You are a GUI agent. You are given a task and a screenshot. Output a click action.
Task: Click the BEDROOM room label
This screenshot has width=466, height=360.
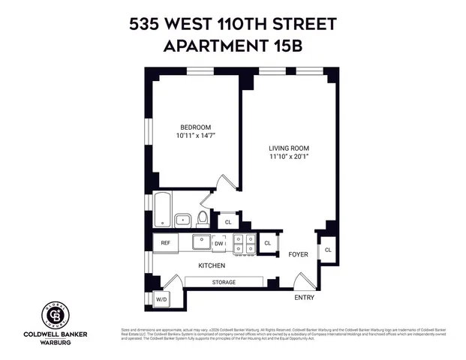pyautogui.click(x=194, y=127)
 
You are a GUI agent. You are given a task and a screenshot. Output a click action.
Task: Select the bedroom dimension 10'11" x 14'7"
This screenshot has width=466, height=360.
pyautogui.click(x=194, y=136)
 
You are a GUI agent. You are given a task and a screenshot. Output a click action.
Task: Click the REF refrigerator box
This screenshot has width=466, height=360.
pyautogui.click(x=165, y=243)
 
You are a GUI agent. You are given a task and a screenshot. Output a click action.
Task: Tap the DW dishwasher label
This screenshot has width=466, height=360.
pyautogui.click(x=218, y=243)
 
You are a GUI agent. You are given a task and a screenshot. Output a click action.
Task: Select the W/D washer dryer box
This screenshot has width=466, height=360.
pyautogui.click(x=161, y=299)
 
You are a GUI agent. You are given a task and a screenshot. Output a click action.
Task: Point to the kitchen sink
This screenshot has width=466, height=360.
pyautogui.click(x=200, y=242)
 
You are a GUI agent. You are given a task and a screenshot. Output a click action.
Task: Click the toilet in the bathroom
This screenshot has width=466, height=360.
pyautogui.click(x=202, y=219)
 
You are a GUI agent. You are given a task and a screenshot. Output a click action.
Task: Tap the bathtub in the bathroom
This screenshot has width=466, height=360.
pyautogui.click(x=163, y=210)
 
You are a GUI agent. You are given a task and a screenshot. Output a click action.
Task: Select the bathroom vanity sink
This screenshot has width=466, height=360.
pyautogui.click(x=183, y=220)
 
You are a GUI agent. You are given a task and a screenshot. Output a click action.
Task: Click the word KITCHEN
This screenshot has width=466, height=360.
pyautogui.click(x=212, y=266)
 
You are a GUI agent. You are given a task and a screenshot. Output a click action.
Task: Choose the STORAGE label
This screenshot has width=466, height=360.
pyautogui.click(x=223, y=282)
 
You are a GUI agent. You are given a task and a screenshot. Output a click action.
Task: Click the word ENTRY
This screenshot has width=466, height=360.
pyautogui.click(x=304, y=298)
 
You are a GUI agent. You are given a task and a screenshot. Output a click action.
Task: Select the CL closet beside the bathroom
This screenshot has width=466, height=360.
pyautogui.click(x=227, y=222)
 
